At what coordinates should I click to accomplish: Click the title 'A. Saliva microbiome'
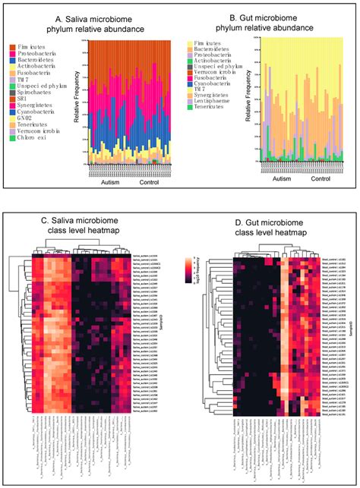point(87,17)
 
